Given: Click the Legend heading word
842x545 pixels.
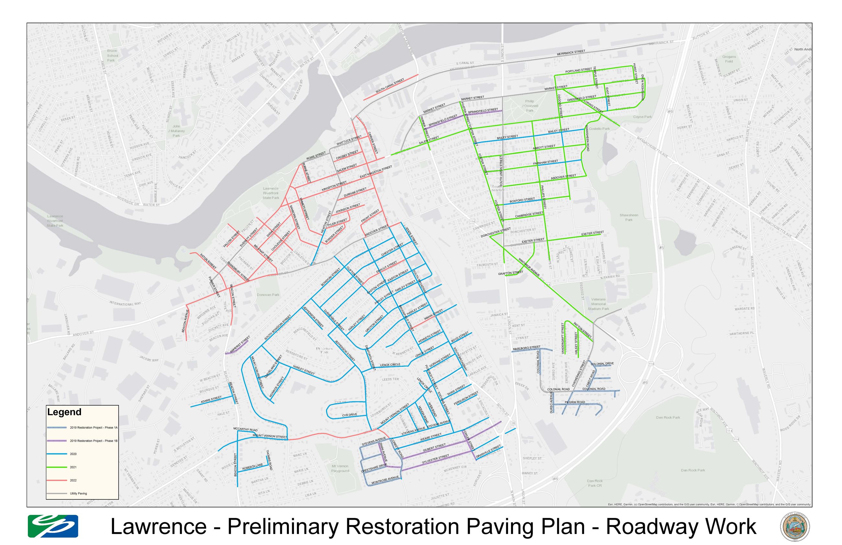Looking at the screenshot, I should [64, 412].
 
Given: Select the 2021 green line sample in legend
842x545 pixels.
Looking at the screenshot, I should [57, 467].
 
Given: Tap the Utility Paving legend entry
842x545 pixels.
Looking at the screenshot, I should [78, 493].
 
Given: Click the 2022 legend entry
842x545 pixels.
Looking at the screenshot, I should [73, 480].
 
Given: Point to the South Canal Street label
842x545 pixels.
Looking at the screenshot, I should [389, 86].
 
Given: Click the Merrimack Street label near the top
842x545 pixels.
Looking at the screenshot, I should [571, 52].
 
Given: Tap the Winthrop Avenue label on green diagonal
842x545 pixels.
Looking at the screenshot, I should [529, 267].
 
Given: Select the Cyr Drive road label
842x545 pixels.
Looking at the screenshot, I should [349, 415].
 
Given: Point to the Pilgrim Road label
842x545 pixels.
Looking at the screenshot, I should [575, 402].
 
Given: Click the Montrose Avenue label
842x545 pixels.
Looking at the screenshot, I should [385, 480].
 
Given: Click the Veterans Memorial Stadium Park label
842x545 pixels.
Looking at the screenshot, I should [598, 304].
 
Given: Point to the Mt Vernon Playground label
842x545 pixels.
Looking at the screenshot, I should [340, 468].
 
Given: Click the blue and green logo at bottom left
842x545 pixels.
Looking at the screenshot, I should [53, 526].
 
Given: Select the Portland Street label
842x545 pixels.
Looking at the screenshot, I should [578, 71].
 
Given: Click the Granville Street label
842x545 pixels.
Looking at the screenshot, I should [488, 452].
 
